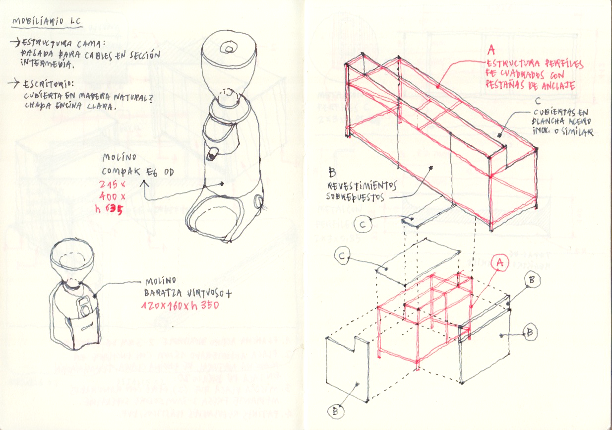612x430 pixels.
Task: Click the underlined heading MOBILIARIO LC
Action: (47, 23)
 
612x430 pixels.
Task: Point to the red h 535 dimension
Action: (109, 208)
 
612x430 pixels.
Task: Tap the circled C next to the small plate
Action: (363, 225)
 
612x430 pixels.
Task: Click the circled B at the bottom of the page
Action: (335, 411)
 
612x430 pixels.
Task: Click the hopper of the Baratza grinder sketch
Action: (72, 260)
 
